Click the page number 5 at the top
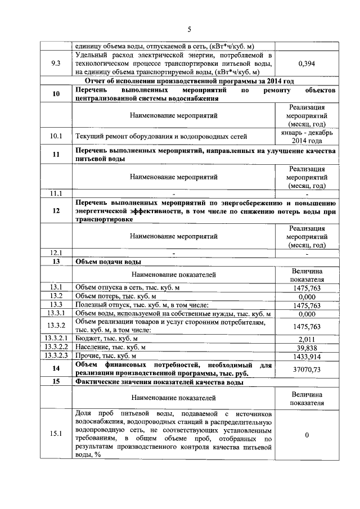coord(190,29)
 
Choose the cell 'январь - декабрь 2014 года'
coord(307,136)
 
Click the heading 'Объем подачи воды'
coord(109,262)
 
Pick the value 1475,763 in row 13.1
coord(307,288)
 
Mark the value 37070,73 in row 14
coord(307,369)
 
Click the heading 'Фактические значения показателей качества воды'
coord(160,382)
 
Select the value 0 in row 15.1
coord(307,434)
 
